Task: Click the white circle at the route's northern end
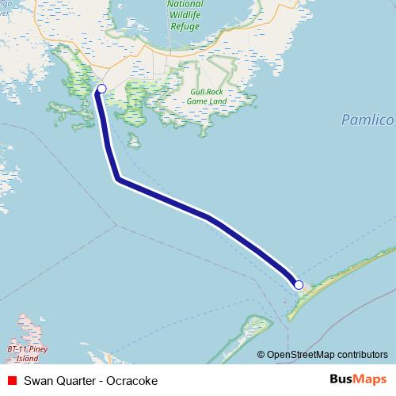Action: pyautogui.click(x=101, y=89)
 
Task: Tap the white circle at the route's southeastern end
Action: pyautogui.click(x=299, y=285)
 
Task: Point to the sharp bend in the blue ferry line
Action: pyautogui.click(x=118, y=179)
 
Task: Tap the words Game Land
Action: pyautogui.click(x=208, y=102)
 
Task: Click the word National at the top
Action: pyautogui.click(x=185, y=4)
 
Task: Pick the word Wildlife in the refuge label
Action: pyautogui.click(x=185, y=14)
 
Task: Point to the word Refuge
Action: pyautogui.click(x=185, y=25)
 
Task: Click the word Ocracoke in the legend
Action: pyautogui.click(x=133, y=381)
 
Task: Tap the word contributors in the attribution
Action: pyautogui.click(x=363, y=355)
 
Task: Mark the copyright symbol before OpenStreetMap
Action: pyautogui.click(x=262, y=355)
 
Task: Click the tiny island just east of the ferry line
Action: pyautogui.click(x=135, y=143)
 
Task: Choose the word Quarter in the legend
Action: pyautogui.click(x=76, y=381)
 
